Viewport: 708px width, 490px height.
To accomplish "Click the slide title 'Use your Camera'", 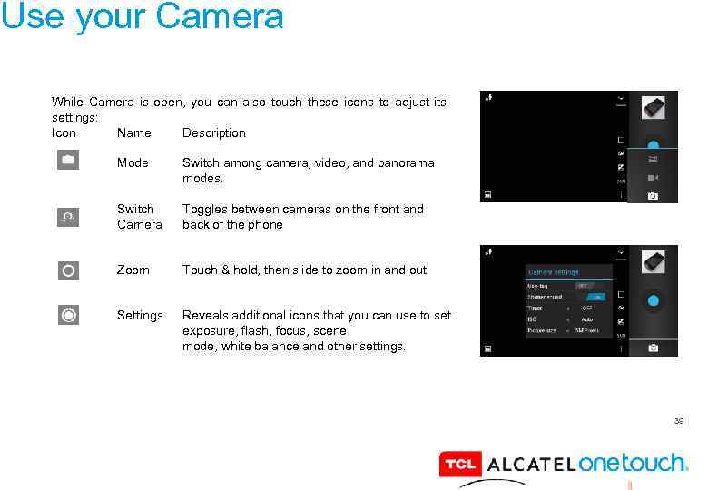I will pos(143,16).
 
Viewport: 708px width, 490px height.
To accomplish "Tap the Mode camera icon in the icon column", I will pos(68,161).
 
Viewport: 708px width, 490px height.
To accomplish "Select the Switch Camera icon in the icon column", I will pos(68,216).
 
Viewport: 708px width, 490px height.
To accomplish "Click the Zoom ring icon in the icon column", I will pos(68,270).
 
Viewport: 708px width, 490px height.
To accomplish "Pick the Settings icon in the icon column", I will pos(68,315).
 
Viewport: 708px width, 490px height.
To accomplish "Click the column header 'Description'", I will pos(213,133).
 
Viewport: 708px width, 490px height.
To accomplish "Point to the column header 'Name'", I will pos(134,133).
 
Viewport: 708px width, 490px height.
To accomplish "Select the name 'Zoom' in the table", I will pos(133,269).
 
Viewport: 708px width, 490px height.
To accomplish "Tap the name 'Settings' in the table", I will pos(140,315).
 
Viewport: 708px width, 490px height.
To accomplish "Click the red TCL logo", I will pos(459,465).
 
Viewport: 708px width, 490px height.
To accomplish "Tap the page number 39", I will pos(678,421).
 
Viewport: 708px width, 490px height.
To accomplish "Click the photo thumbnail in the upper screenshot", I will pos(653,108).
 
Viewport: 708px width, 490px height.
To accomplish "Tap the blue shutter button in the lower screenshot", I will pos(653,299).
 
